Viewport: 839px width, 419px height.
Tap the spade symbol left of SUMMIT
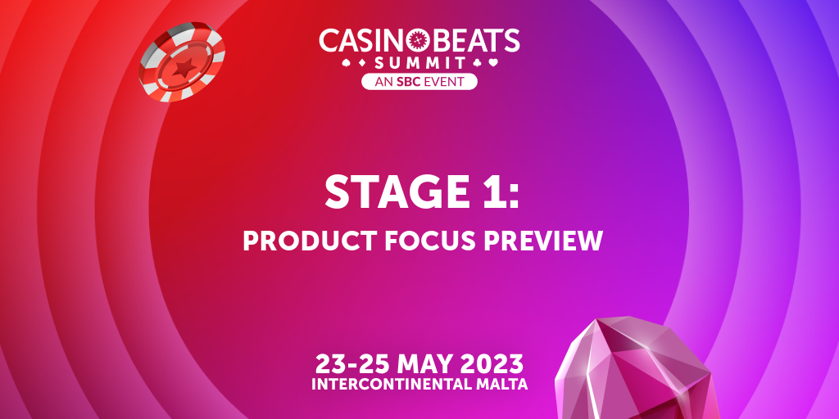347,62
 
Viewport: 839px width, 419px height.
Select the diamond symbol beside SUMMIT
361,62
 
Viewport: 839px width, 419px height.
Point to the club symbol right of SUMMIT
478,62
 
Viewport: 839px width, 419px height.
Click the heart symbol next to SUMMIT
493,62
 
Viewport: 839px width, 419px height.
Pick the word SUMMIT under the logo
419,63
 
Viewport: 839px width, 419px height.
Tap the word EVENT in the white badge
442,82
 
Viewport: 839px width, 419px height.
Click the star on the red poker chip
184,68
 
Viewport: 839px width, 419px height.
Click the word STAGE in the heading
398,191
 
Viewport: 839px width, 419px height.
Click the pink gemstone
634,369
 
